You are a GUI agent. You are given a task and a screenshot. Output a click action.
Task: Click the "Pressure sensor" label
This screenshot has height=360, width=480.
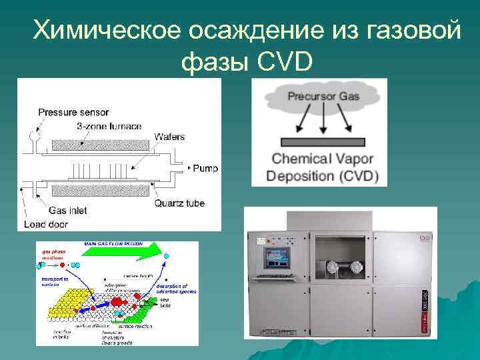73,112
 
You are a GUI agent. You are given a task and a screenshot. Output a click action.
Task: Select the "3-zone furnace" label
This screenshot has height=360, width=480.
109,126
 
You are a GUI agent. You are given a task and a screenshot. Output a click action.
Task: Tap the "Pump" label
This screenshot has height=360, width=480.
205,169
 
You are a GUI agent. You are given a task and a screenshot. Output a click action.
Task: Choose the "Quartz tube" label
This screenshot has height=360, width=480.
179,203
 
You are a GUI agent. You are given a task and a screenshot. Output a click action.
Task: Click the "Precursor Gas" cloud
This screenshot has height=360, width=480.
323,97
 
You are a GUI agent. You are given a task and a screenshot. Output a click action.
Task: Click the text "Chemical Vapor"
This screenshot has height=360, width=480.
323,159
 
